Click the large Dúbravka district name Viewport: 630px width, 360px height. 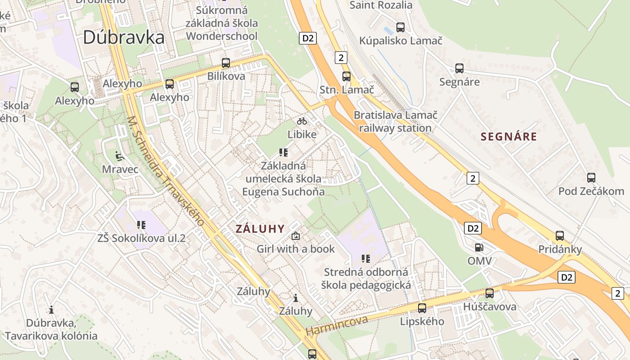[x=123, y=37]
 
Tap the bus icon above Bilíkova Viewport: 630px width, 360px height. [x=226, y=63]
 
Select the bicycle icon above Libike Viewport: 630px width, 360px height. [x=302, y=121]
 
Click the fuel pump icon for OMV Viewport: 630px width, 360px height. [x=479, y=247]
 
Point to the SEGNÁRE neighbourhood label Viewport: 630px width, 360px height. [x=509, y=136]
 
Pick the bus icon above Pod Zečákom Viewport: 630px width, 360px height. [x=591, y=178]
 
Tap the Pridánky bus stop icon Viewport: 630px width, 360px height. [x=560, y=235]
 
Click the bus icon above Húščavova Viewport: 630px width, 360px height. [x=490, y=293]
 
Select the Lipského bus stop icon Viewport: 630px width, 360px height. [x=422, y=308]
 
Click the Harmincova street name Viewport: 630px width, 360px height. [x=337, y=325]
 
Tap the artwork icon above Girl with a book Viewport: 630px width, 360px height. [x=296, y=235]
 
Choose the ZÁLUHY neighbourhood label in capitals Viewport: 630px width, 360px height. [x=260, y=229]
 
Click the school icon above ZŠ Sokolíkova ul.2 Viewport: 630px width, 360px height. [x=141, y=225]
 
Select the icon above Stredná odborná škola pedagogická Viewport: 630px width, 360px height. [x=366, y=258]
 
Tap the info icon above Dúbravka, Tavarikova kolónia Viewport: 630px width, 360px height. [x=51, y=310]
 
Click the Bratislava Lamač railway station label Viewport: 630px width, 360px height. [x=395, y=121]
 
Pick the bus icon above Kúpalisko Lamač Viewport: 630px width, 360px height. [x=400, y=27]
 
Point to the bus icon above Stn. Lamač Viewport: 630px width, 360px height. [x=346, y=76]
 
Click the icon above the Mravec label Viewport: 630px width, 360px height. [x=119, y=156]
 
